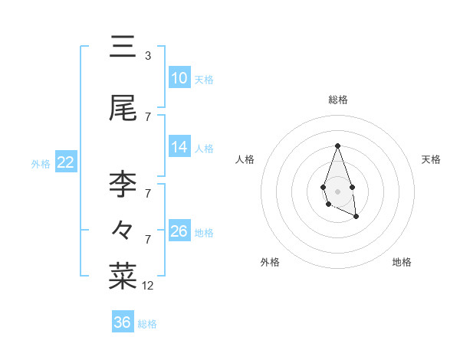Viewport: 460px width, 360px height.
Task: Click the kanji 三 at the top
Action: [123, 48]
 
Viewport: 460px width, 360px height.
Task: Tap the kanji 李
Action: [123, 185]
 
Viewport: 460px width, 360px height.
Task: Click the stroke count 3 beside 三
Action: [148, 56]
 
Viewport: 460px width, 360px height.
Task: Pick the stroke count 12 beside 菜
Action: [148, 286]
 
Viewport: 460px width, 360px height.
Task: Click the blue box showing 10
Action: [179, 78]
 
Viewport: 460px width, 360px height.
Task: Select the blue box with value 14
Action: [179, 147]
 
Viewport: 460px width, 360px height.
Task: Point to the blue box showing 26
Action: [179, 231]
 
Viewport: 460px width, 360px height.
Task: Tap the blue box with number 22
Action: [65, 162]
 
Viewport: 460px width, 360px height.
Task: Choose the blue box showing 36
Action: [123, 322]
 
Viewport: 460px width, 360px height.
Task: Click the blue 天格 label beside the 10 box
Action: [204, 79]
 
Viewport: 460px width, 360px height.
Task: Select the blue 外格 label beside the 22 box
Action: [41, 163]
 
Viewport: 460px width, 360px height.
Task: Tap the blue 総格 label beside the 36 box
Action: [147, 323]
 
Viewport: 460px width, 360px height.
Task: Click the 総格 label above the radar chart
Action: [337, 100]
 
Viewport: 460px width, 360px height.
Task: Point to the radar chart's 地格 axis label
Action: [402, 262]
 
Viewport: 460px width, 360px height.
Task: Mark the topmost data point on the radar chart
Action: [337, 146]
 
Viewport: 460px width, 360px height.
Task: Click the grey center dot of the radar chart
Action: [337, 190]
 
